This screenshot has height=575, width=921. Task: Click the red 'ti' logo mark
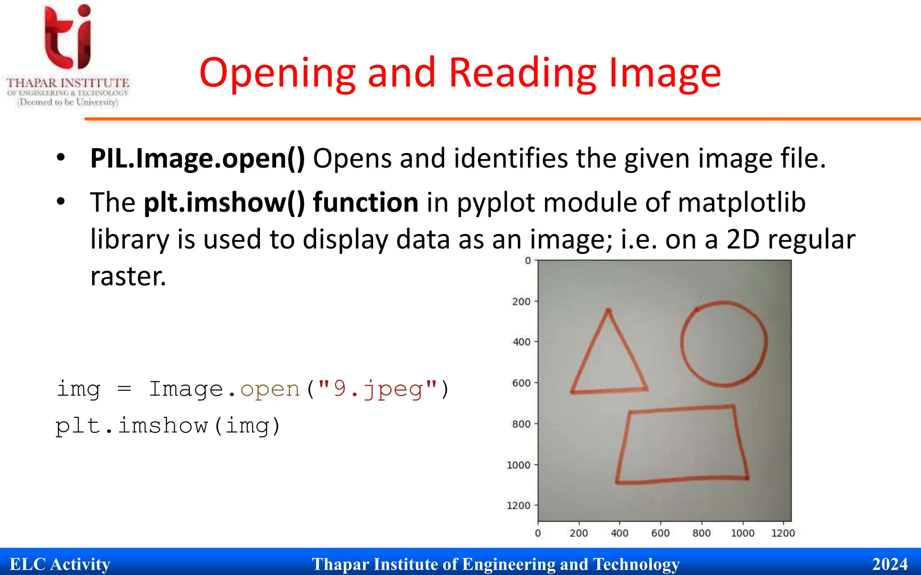click(68, 37)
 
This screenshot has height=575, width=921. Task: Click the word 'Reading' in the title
click(523, 73)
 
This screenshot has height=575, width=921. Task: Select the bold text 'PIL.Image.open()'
click(197, 159)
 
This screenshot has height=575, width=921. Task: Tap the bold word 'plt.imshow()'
click(224, 203)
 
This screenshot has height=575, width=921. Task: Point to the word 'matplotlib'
click(742, 203)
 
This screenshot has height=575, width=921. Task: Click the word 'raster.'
click(128, 276)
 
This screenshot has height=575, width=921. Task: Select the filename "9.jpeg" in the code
click(378, 389)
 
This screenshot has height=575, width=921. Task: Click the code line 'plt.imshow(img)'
click(168, 425)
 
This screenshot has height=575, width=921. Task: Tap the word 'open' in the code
click(270, 389)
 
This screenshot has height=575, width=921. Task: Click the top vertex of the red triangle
click(608, 310)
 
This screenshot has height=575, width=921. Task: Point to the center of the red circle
click(724, 344)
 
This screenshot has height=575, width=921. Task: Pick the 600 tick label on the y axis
click(521, 383)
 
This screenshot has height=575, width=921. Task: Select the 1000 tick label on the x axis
click(742, 533)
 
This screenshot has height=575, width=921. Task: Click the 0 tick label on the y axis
click(528, 261)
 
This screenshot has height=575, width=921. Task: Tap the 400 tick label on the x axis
click(619, 533)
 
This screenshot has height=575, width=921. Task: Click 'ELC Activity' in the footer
click(60, 564)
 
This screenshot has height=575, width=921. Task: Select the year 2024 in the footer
click(890, 564)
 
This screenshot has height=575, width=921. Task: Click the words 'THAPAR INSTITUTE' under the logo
click(68, 83)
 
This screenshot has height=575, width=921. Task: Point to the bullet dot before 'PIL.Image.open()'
click(61, 158)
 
